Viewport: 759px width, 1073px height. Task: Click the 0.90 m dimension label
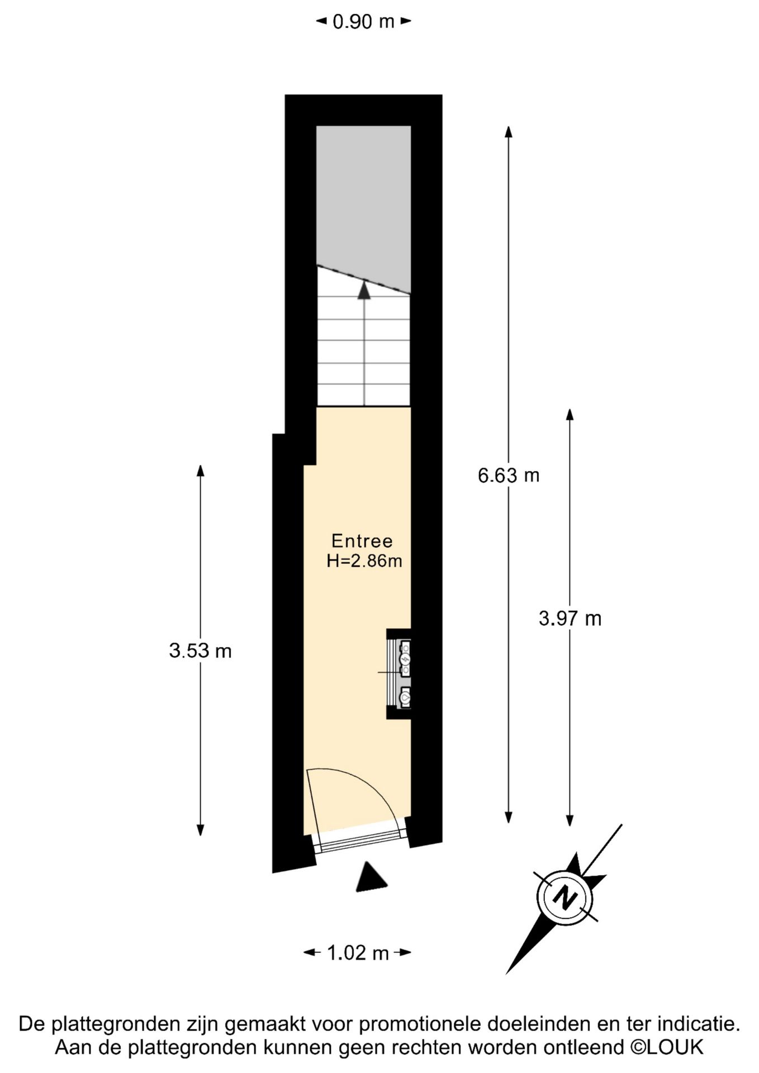pos(363,22)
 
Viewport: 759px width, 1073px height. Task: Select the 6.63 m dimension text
pos(509,476)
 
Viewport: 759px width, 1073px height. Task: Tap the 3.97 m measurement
pos(570,619)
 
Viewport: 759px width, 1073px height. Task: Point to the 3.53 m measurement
pos(200,651)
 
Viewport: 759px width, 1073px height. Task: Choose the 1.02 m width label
pos(358,953)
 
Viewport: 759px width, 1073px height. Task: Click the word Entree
pos(362,541)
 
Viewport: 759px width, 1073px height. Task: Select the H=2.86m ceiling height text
pos(364,561)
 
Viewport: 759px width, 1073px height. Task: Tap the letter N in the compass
pos(565,898)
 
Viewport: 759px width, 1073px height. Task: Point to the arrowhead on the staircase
pos(364,290)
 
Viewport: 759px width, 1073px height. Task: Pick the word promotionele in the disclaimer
pos(421,1024)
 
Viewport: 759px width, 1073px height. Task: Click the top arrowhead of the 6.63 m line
pos(509,132)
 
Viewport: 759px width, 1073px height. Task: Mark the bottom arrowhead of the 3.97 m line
pos(570,820)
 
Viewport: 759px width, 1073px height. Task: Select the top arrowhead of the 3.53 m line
pos(201,471)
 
